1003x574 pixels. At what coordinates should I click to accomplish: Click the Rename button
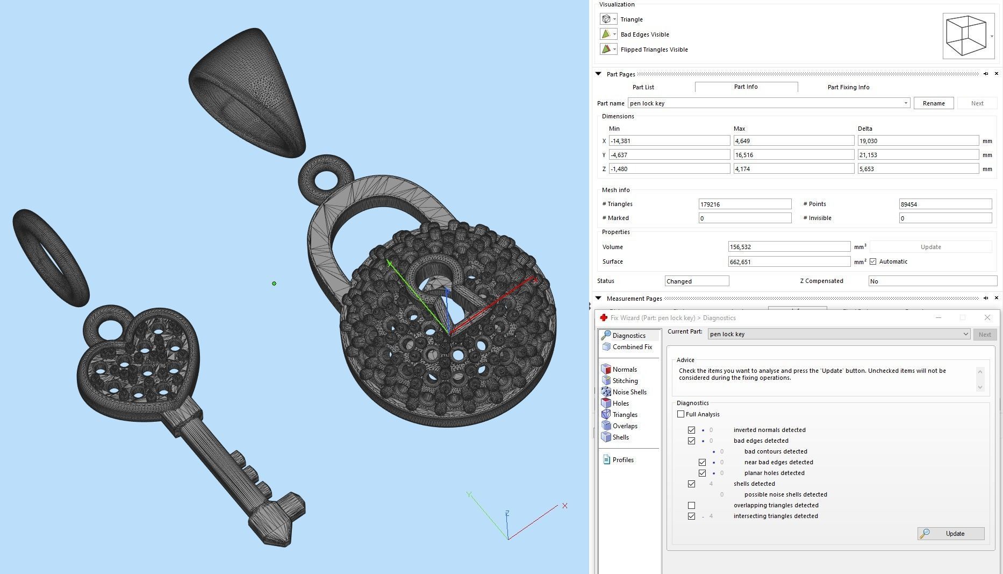click(x=933, y=103)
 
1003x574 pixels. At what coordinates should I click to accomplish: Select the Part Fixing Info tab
click(x=848, y=87)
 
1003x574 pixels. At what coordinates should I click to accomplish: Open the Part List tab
click(x=643, y=87)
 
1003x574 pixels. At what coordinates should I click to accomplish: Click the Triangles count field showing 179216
click(x=744, y=204)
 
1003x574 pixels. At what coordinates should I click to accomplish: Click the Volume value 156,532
click(x=789, y=247)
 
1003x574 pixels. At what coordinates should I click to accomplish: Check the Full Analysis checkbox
click(x=681, y=414)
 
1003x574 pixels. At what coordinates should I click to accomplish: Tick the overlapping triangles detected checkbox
click(x=692, y=506)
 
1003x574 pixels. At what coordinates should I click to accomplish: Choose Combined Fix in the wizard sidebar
click(x=632, y=347)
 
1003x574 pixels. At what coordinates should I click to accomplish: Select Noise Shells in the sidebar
click(x=629, y=392)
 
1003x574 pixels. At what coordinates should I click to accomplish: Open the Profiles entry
click(x=622, y=460)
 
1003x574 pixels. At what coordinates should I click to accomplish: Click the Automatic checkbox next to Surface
click(x=873, y=262)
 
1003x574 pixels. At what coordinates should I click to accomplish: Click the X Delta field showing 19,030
click(x=918, y=141)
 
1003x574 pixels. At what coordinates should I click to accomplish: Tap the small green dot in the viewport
click(x=274, y=284)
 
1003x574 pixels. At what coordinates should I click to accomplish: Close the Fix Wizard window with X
click(x=987, y=318)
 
